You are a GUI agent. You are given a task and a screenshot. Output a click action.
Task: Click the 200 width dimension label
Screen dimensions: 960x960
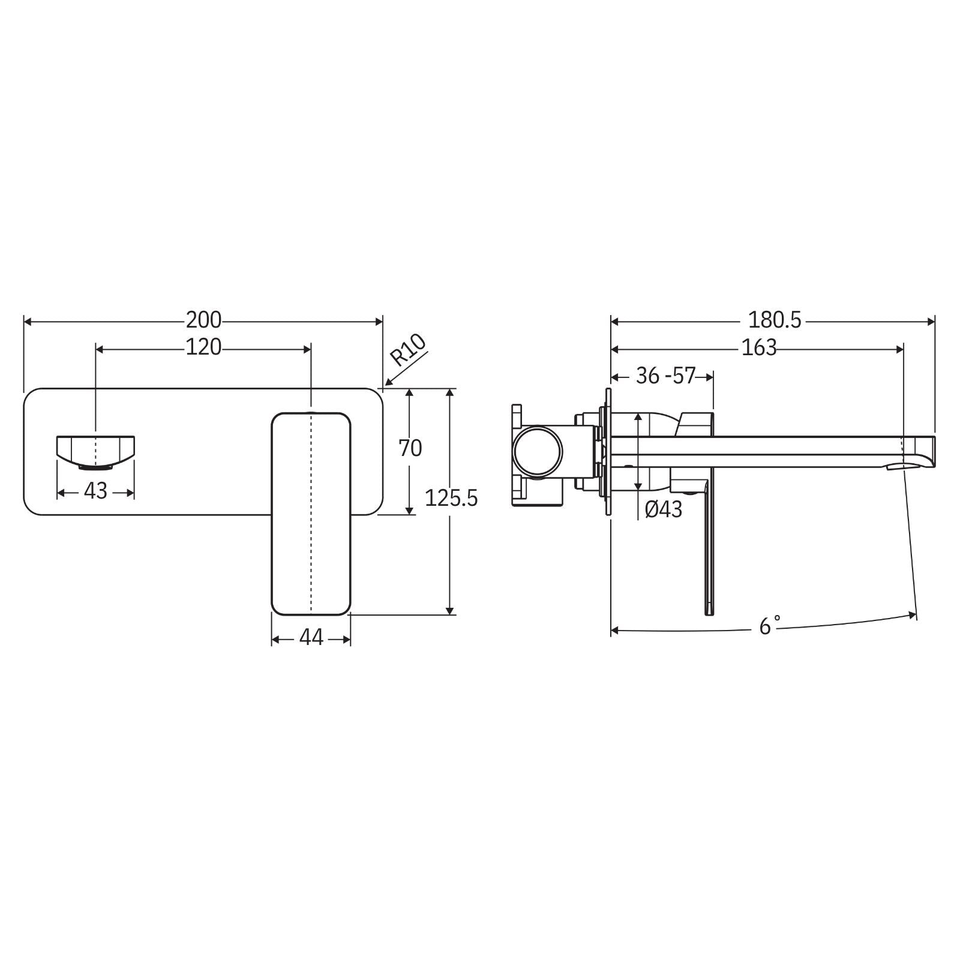pos(203,320)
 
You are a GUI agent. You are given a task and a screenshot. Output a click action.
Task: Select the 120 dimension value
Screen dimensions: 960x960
pos(203,347)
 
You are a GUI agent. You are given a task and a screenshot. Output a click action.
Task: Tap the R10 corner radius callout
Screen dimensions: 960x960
pos(408,350)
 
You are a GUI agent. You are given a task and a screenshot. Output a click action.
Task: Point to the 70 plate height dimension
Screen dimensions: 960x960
pos(411,448)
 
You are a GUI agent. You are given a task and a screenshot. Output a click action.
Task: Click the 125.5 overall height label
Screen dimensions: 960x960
pos(451,498)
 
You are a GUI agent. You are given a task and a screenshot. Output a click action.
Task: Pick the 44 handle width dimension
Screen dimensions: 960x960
pos(311,637)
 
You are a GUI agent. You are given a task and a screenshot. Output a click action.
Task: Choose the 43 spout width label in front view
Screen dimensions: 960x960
pos(95,491)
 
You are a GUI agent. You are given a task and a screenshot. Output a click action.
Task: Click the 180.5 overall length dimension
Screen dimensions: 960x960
pos(774,320)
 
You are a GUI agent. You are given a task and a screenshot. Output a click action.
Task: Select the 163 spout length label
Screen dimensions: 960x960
pos(758,347)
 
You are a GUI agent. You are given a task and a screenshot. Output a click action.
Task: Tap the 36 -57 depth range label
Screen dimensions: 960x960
pos(665,376)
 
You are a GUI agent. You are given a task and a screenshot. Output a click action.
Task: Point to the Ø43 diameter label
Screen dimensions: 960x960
pos(664,509)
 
